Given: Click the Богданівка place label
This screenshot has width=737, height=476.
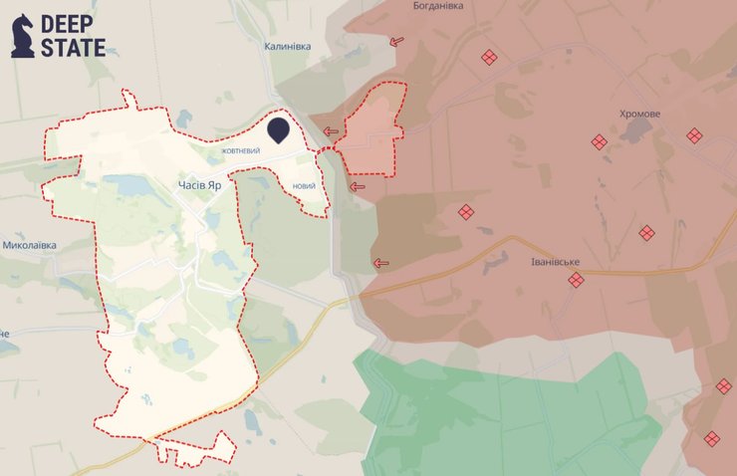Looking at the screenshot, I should click(x=437, y=6).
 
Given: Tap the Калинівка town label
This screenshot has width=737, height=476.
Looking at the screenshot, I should click(x=288, y=46).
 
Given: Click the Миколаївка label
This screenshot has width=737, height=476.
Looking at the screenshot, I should click(x=29, y=244).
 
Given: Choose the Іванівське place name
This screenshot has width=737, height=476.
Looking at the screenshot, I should click(x=549, y=262).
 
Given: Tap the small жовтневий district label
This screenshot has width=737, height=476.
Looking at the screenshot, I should click(x=241, y=150).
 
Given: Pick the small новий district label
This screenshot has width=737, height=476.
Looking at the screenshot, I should click(x=305, y=186).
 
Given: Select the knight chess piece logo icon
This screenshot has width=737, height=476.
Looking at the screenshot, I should click(x=23, y=36).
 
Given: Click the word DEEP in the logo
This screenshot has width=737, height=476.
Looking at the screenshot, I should click(x=73, y=24).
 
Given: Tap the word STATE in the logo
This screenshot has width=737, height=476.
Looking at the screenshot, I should click(x=73, y=47).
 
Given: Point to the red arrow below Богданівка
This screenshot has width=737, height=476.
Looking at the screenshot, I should click(x=397, y=41).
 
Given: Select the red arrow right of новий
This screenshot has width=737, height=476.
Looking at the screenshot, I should click(x=358, y=185).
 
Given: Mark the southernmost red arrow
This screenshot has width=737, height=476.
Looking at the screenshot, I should click(x=379, y=263).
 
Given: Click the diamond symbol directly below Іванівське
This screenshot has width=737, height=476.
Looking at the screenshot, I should click(x=576, y=280).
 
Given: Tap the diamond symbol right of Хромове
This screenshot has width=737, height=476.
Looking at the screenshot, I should click(x=694, y=134).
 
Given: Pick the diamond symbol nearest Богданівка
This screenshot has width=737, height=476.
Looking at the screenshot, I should click(x=489, y=58).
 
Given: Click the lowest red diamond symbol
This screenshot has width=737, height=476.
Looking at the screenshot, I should click(x=711, y=438).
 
